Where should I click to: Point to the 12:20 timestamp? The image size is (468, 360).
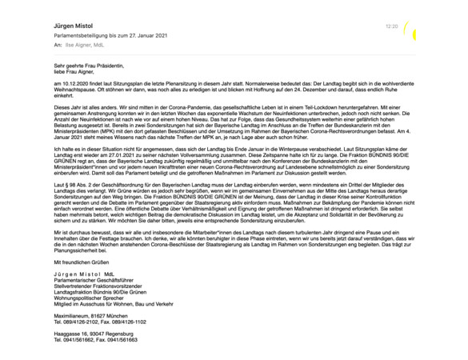391,26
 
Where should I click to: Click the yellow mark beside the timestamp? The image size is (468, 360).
410,30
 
